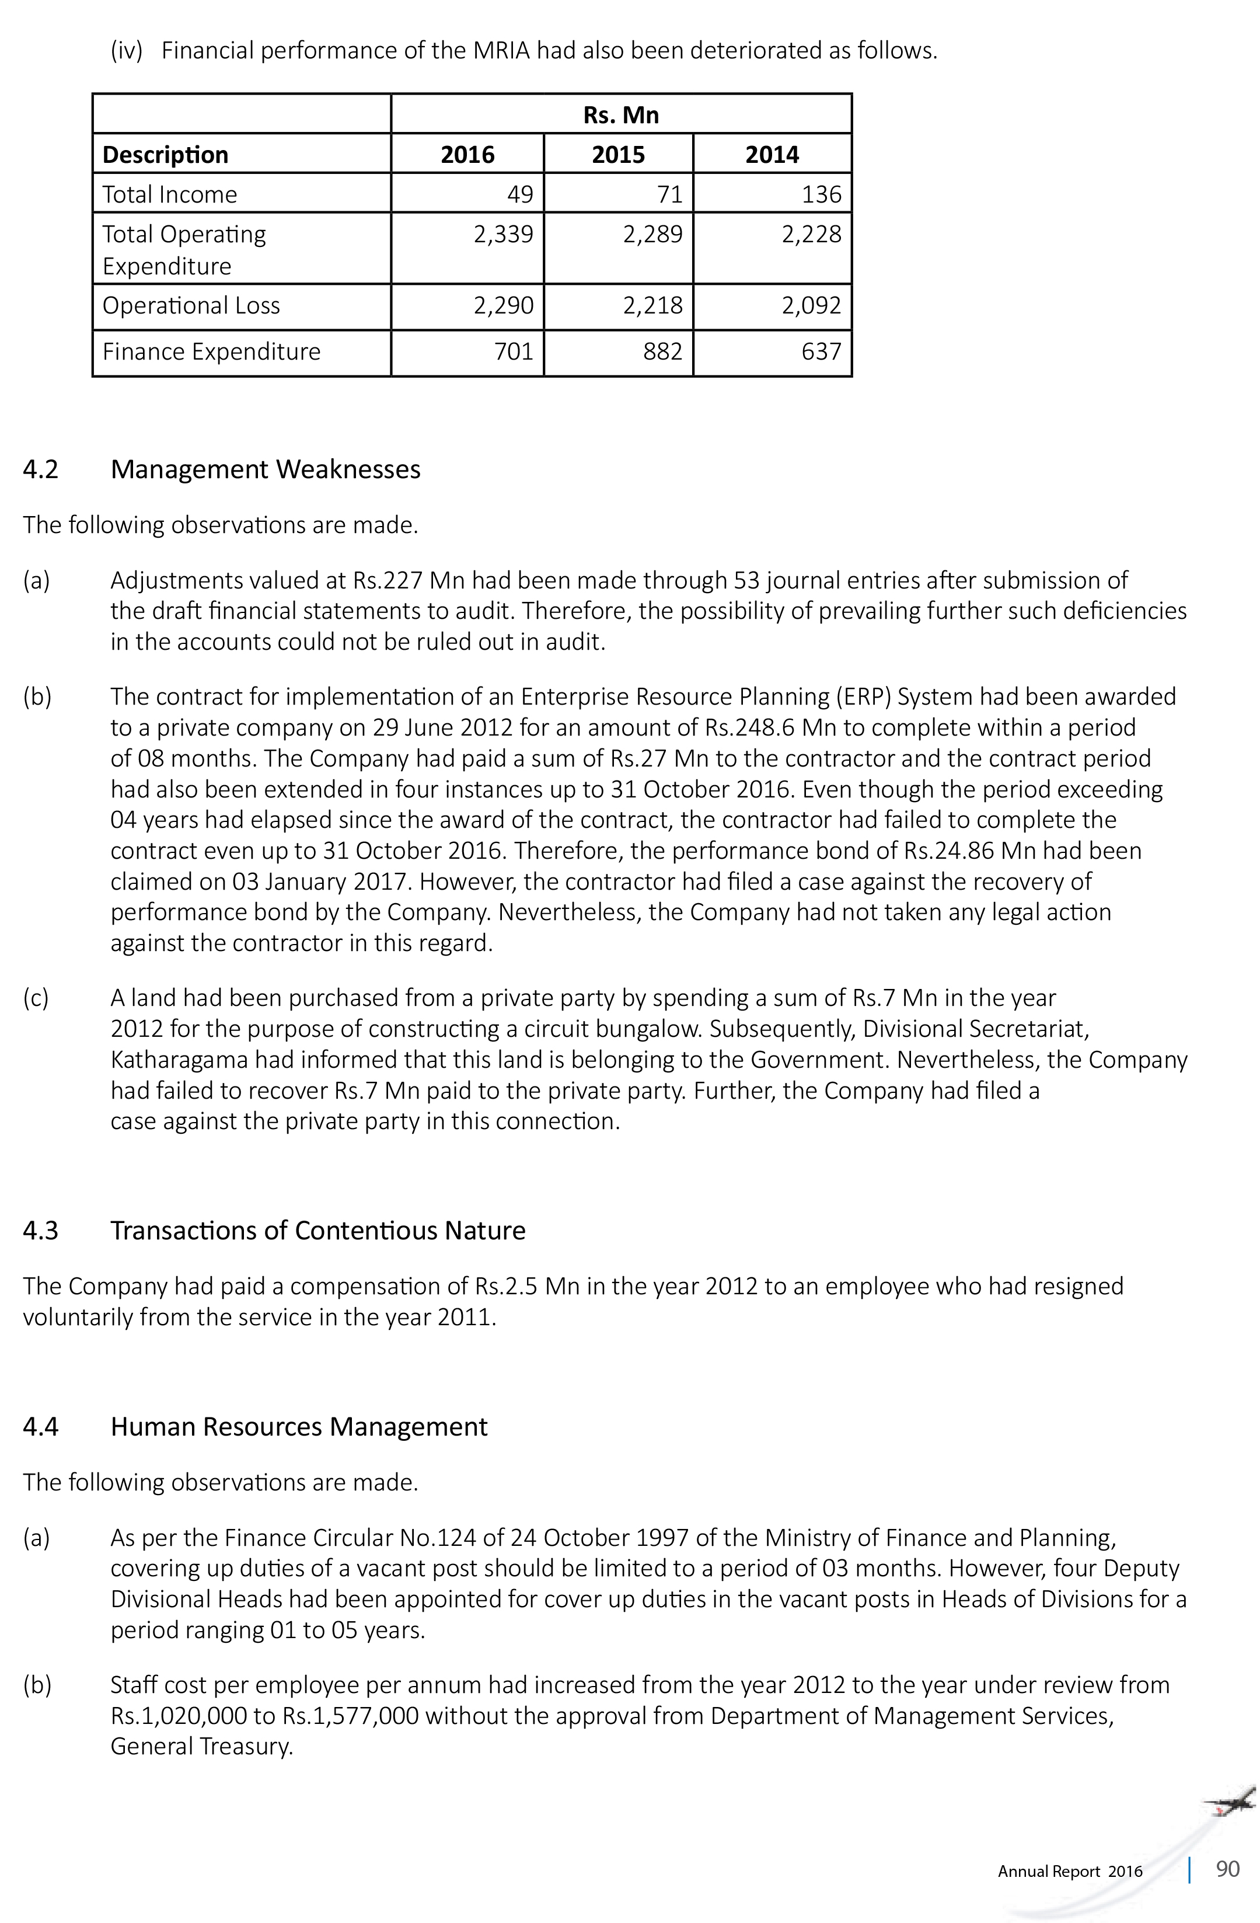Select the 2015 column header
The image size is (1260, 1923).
(618, 154)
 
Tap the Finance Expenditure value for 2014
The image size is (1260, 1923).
(821, 351)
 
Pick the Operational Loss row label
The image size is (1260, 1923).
(191, 305)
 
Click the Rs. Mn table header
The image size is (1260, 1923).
(620, 115)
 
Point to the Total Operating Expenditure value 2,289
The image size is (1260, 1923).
(652, 234)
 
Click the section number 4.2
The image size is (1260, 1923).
(40, 469)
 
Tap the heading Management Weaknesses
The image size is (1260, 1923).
(265, 469)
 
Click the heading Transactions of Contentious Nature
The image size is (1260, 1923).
(317, 1231)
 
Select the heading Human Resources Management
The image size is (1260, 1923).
(299, 1427)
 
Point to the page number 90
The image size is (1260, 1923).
(1227, 1869)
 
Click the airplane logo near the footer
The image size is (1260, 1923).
(1229, 1803)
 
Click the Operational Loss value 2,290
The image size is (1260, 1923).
(503, 305)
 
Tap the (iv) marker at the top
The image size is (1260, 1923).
(126, 51)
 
